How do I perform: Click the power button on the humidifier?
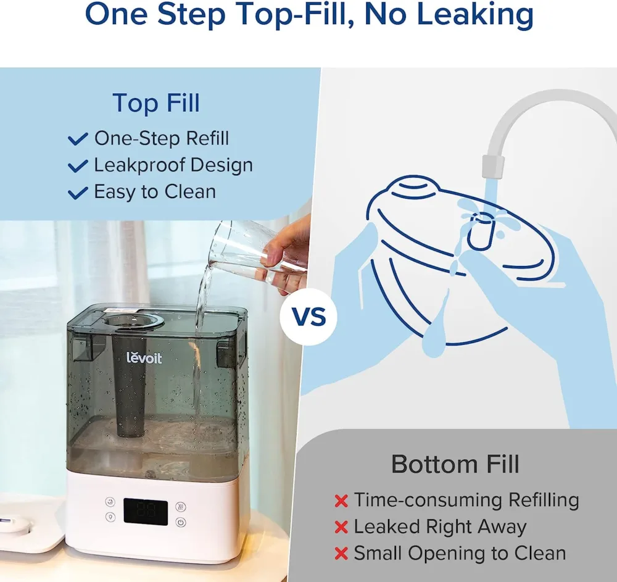pyautogui.click(x=180, y=522)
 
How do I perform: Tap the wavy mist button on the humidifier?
pyautogui.click(x=180, y=505)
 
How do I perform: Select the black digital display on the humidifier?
pyautogui.click(x=146, y=512)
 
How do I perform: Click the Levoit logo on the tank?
pyautogui.click(x=144, y=357)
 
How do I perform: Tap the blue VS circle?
pyautogui.click(x=308, y=319)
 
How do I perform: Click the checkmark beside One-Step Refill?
pyautogui.click(x=78, y=139)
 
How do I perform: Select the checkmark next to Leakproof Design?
pyautogui.click(x=78, y=166)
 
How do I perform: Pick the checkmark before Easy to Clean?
pyautogui.click(x=78, y=193)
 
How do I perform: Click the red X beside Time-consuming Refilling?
pyautogui.click(x=341, y=501)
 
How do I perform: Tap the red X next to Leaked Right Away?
pyautogui.click(x=341, y=528)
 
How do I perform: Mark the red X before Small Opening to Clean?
pyautogui.click(x=341, y=554)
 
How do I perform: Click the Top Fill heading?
pyautogui.click(x=156, y=102)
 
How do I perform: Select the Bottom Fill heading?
pyautogui.click(x=455, y=464)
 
